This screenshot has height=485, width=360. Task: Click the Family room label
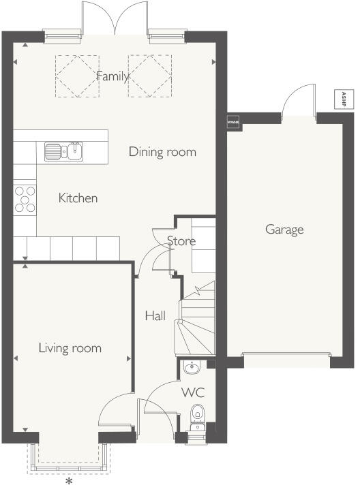112,76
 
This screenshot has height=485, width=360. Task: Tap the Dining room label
162,152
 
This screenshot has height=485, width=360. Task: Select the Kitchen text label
78,198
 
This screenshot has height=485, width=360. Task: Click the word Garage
284,230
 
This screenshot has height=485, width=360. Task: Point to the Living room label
70,348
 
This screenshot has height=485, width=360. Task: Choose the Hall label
155,316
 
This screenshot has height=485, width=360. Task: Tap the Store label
181,241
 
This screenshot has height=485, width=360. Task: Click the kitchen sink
63,150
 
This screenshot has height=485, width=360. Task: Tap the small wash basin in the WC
191,369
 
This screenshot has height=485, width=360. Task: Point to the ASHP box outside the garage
344,99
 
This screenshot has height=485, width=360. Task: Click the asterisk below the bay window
69,480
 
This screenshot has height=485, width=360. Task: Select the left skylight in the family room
77,76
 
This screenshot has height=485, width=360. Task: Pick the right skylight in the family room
149,76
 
